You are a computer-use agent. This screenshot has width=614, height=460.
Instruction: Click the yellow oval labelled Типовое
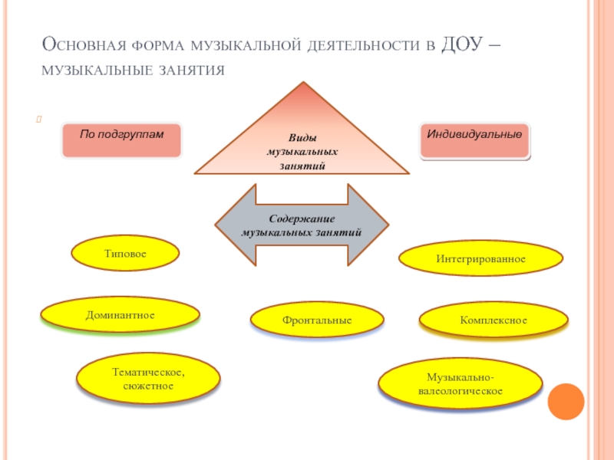point(125,253)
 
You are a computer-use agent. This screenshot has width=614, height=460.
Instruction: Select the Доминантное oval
point(120,315)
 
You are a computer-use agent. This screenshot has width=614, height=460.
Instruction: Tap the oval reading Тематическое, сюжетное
point(148,378)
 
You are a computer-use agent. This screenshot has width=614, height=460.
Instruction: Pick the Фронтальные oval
point(317,320)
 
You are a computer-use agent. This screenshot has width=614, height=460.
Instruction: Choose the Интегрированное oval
point(481,258)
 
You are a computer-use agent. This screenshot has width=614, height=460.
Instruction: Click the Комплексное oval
point(494,320)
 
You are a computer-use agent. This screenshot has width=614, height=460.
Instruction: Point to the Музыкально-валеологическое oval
point(460,383)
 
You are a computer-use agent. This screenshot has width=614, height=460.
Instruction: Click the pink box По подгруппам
point(122,140)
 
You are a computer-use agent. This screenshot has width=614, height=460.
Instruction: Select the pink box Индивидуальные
point(474,140)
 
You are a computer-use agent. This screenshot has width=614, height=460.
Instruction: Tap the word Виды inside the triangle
point(302,138)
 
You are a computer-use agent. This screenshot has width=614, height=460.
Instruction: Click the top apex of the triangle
point(303,82)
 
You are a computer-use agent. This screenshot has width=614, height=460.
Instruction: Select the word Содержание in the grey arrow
point(302,219)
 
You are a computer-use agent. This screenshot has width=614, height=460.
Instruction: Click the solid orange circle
point(566,402)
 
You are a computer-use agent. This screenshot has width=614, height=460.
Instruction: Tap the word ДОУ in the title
point(462,44)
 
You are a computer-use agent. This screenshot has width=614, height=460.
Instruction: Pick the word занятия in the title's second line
point(192,71)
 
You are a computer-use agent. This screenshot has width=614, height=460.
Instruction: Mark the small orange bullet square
point(39,119)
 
